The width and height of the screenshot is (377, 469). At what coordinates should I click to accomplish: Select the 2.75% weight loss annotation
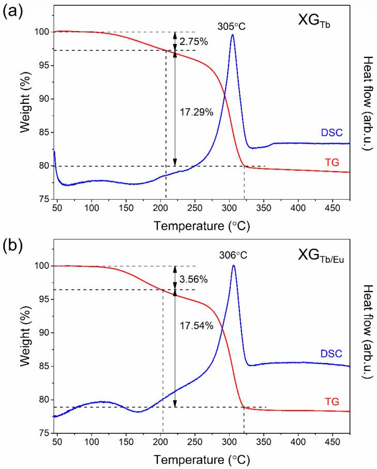coord(194,42)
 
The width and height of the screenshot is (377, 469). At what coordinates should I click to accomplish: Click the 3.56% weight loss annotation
coord(194,279)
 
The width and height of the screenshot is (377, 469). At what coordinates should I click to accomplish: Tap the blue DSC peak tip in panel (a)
coord(233,35)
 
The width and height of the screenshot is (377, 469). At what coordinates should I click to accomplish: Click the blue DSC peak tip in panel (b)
coord(234,266)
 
